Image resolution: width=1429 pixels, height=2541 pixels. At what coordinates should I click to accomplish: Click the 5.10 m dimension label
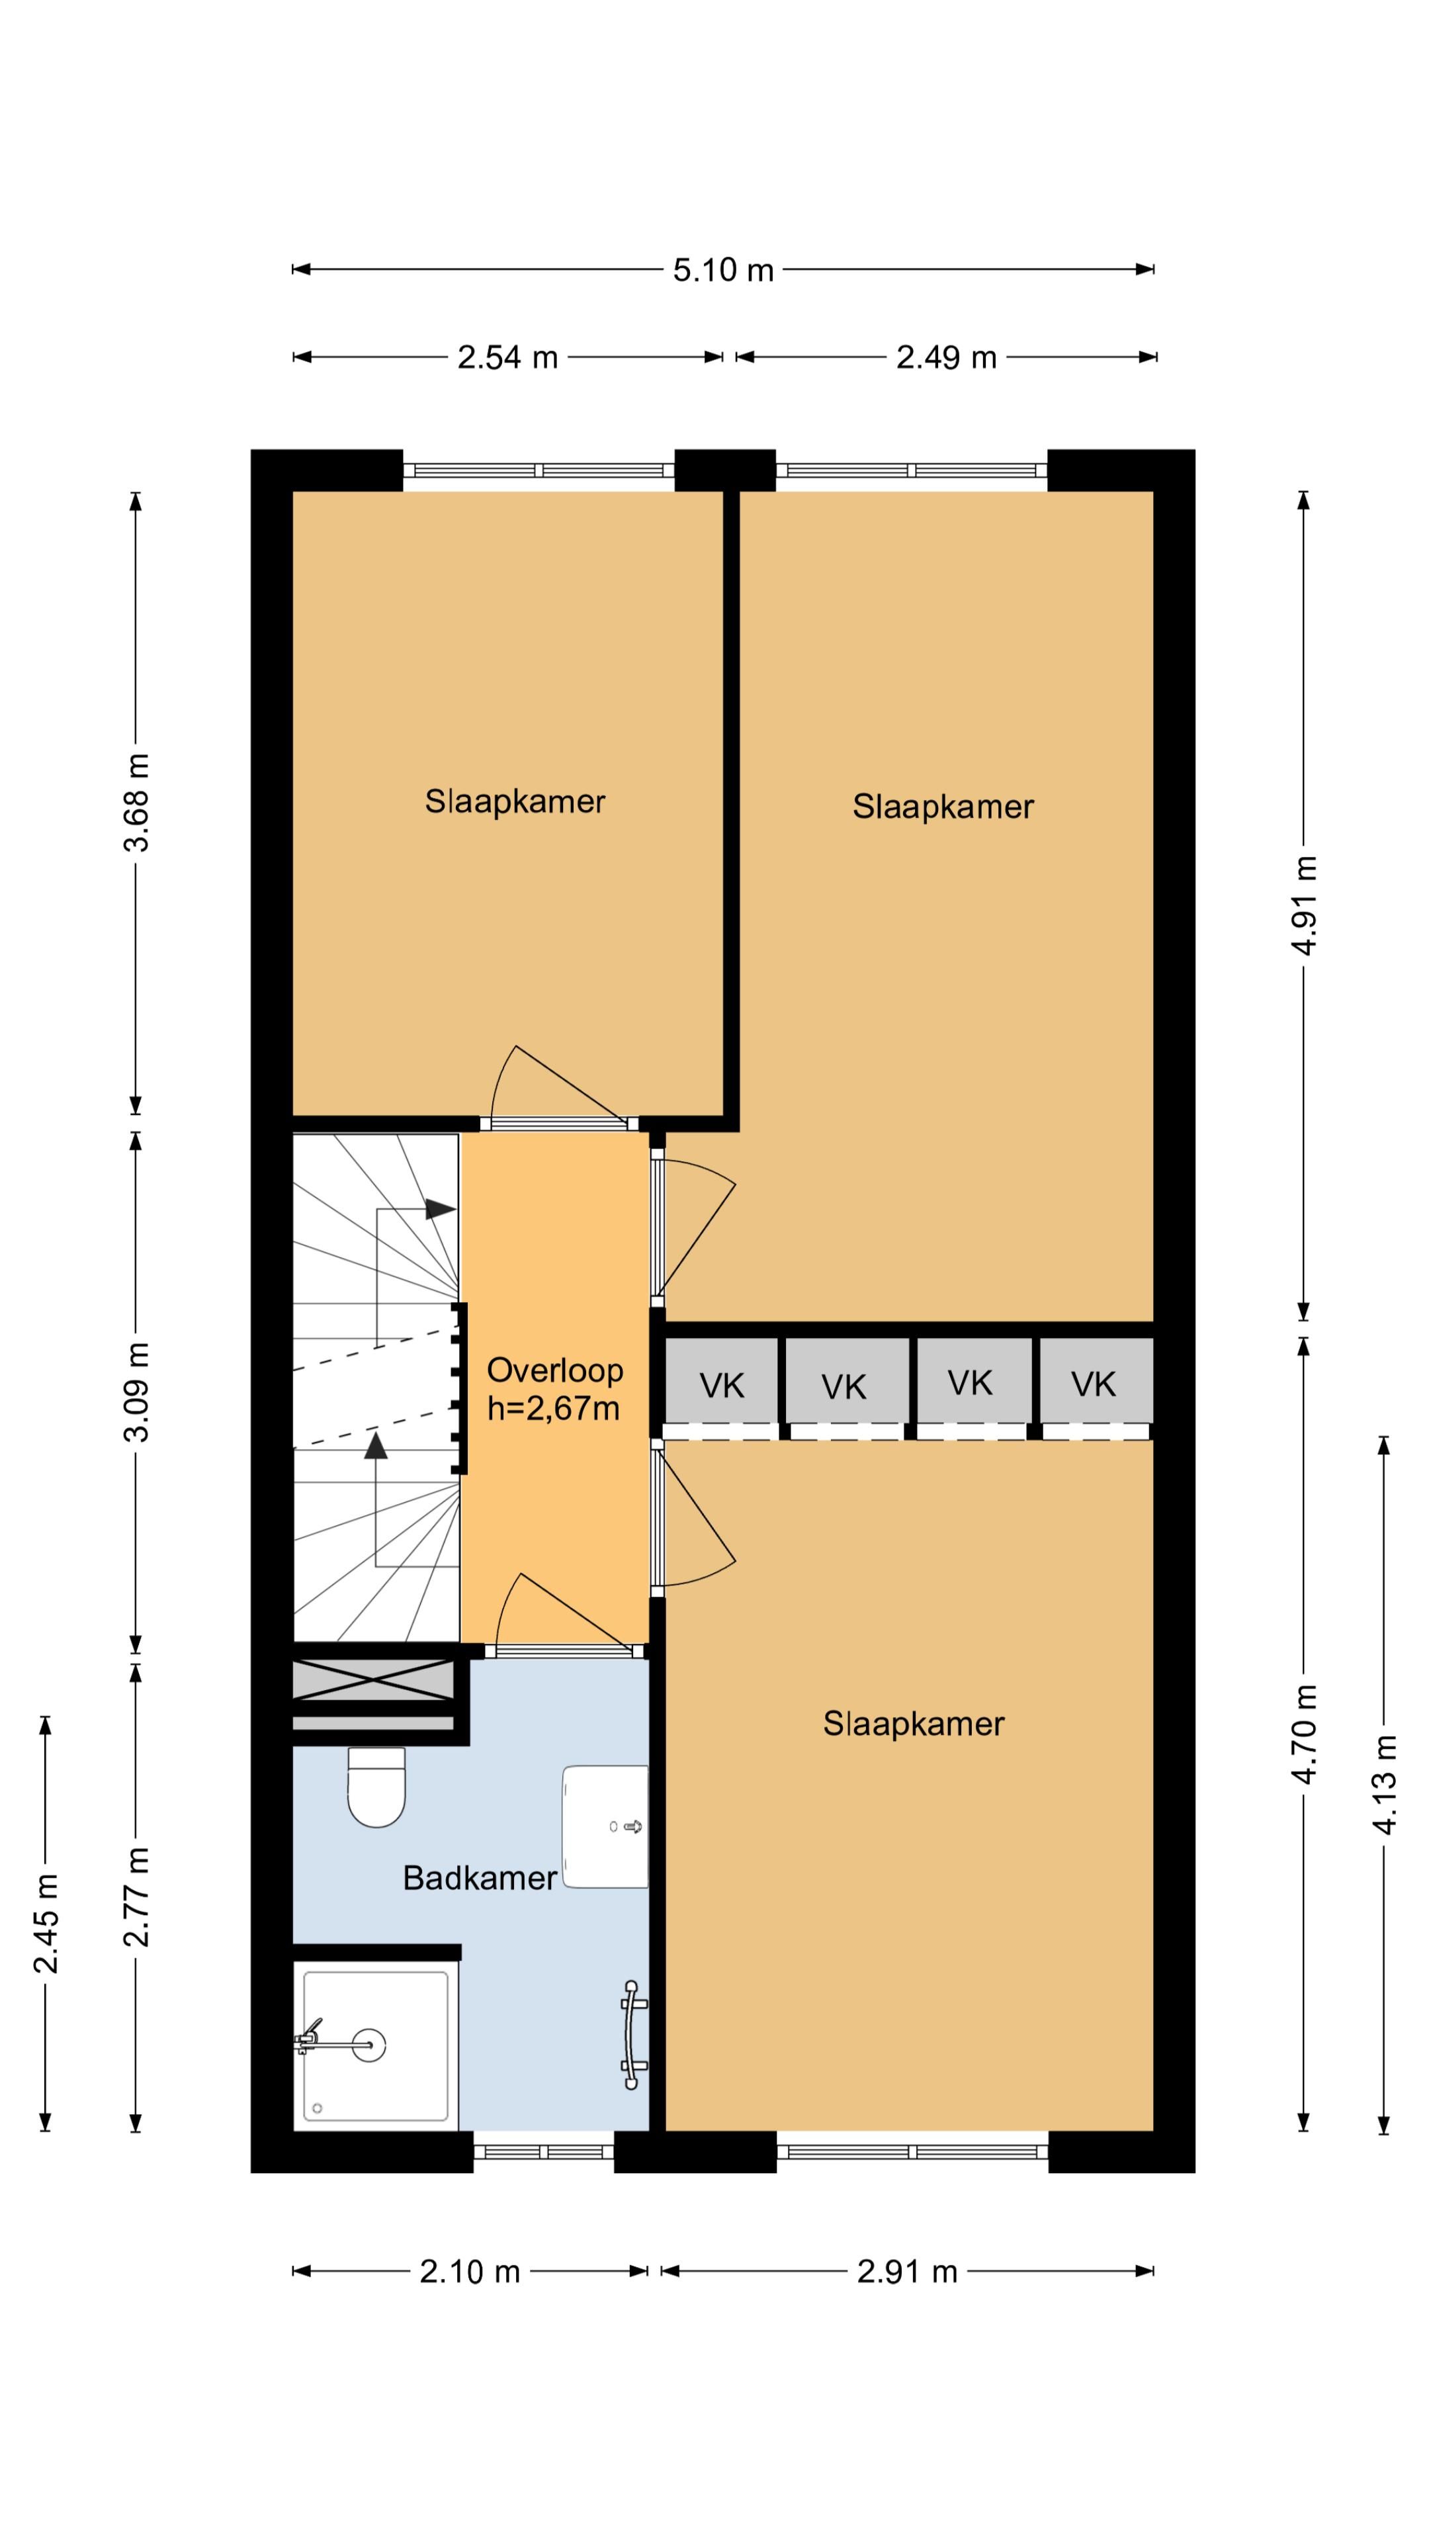click(723, 269)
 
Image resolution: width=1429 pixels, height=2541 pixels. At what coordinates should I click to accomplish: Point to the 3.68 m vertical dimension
click(136, 802)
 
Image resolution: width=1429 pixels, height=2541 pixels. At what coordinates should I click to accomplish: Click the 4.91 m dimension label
click(1304, 905)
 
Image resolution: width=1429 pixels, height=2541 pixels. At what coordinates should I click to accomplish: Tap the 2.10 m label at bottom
click(470, 2271)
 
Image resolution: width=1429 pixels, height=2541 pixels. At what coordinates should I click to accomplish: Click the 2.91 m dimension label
click(907, 2271)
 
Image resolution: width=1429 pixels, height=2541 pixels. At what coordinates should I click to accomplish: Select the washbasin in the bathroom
click(605, 1826)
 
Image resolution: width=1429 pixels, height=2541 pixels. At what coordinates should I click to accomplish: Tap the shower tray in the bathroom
click(376, 2045)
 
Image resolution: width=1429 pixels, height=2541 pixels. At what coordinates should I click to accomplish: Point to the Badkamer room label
click(480, 1877)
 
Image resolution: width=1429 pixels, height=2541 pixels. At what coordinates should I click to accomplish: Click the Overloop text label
click(555, 1370)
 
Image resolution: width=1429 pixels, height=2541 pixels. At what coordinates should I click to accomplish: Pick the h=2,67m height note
click(553, 1409)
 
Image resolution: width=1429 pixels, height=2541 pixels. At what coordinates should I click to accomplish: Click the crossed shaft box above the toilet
click(374, 1680)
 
